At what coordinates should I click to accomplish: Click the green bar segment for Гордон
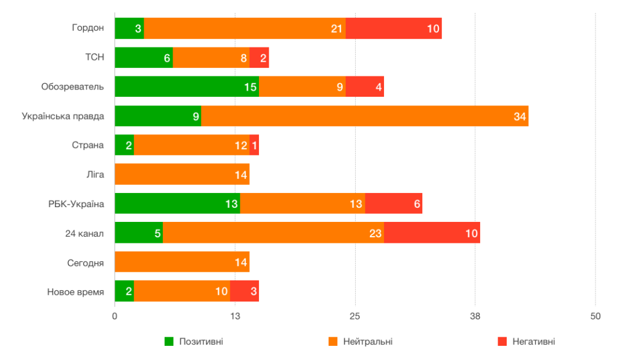[129, 28]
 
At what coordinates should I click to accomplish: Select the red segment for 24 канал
[432, 233]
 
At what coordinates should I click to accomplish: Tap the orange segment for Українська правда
[364, 116]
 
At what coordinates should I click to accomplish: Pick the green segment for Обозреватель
[186, 87]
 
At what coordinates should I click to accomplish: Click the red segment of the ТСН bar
[259, 57]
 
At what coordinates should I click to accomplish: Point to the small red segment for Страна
[254, 145]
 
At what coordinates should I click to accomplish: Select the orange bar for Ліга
[182, 174]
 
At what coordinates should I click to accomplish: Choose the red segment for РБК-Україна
[393, 204]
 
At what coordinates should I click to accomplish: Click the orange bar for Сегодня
[182, 262]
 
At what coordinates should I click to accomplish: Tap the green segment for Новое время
[124, 292]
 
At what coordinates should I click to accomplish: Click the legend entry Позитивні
[194, 342]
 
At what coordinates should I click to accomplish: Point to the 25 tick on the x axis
[355, 316]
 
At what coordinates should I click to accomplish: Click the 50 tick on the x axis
[595, 316]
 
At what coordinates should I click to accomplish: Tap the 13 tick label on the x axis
[235, 316]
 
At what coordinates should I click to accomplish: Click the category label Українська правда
[63, 116]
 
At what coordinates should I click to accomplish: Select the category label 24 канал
[84, 233]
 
